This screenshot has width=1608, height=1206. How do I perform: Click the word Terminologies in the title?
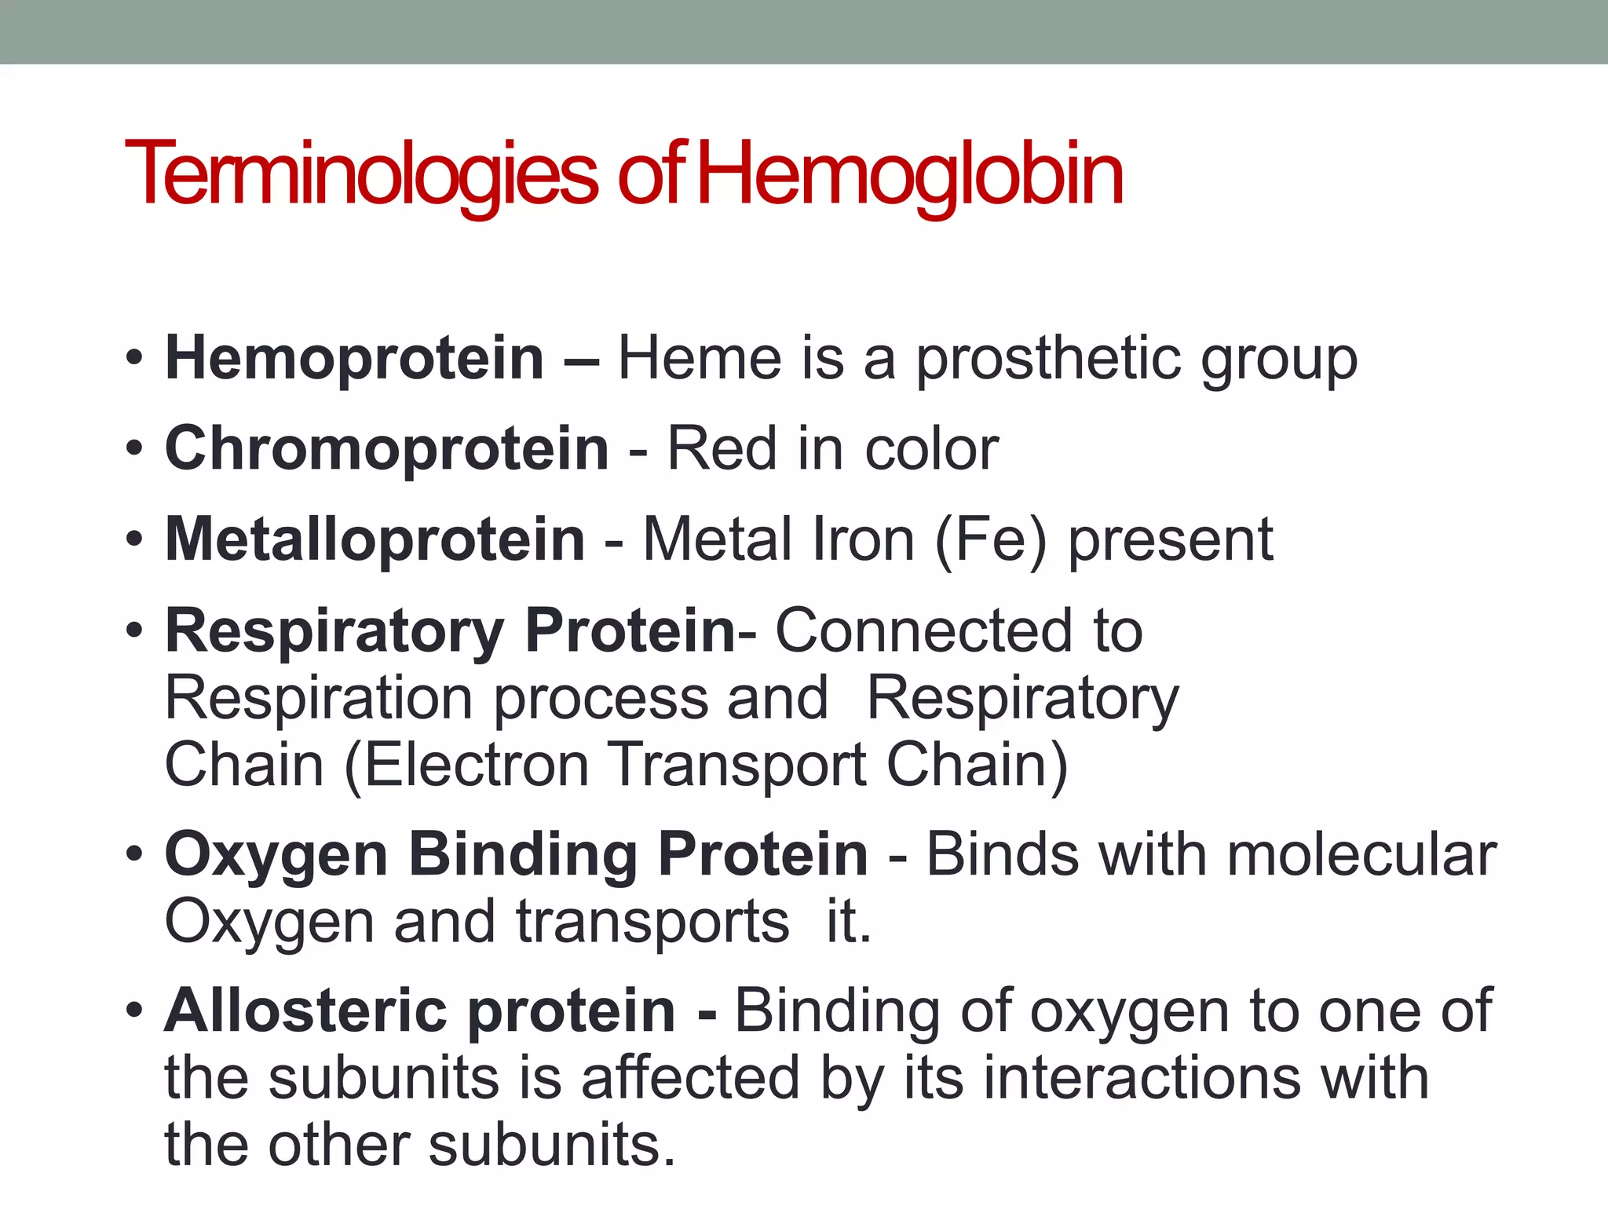pos(361,174)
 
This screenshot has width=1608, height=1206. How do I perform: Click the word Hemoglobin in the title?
pos(911,174)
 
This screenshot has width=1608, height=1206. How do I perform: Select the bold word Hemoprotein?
pos(354,359)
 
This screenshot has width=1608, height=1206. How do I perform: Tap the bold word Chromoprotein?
pos(386,449)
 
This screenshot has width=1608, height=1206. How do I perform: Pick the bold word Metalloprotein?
pos(375,539)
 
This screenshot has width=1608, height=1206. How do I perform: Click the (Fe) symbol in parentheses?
pos(991,540)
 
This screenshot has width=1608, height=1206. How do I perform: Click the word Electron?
pos(476,765)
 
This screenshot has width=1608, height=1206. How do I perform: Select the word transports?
pos(652,922)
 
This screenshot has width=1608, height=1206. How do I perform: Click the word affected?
pos(691,1078)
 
